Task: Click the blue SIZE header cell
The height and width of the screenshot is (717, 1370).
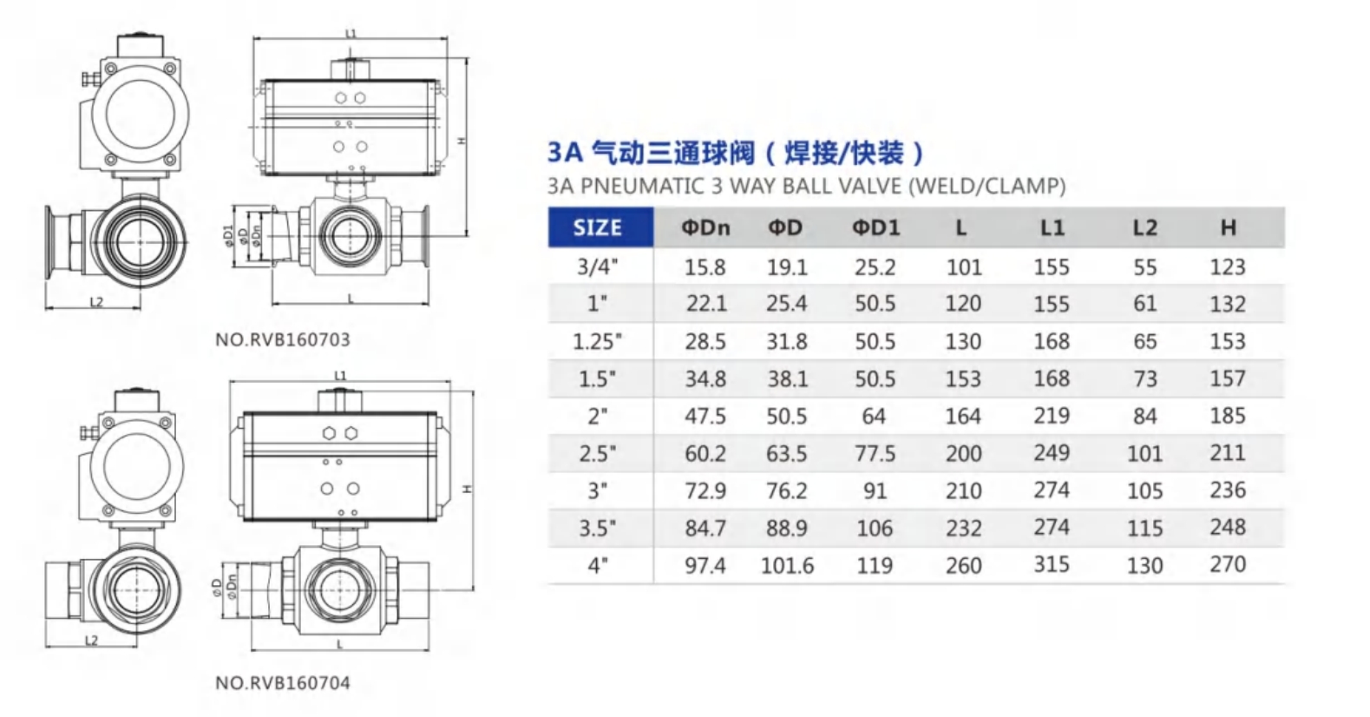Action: [600, 227]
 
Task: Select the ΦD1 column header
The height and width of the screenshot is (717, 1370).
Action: [875, 228]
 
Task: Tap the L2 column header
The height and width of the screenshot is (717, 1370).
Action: [1145, 228]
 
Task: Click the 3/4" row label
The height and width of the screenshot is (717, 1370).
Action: [598, 267]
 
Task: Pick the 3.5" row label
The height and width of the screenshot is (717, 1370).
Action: [598, 528]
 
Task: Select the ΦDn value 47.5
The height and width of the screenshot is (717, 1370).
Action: [705, 417]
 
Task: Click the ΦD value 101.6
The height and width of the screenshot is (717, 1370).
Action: [787, 566]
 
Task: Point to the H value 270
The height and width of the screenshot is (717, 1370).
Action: [1228, 564]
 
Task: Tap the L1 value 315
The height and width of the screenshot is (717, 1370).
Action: [1052, 564]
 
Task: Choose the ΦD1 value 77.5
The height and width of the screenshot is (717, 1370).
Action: [875, 454]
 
